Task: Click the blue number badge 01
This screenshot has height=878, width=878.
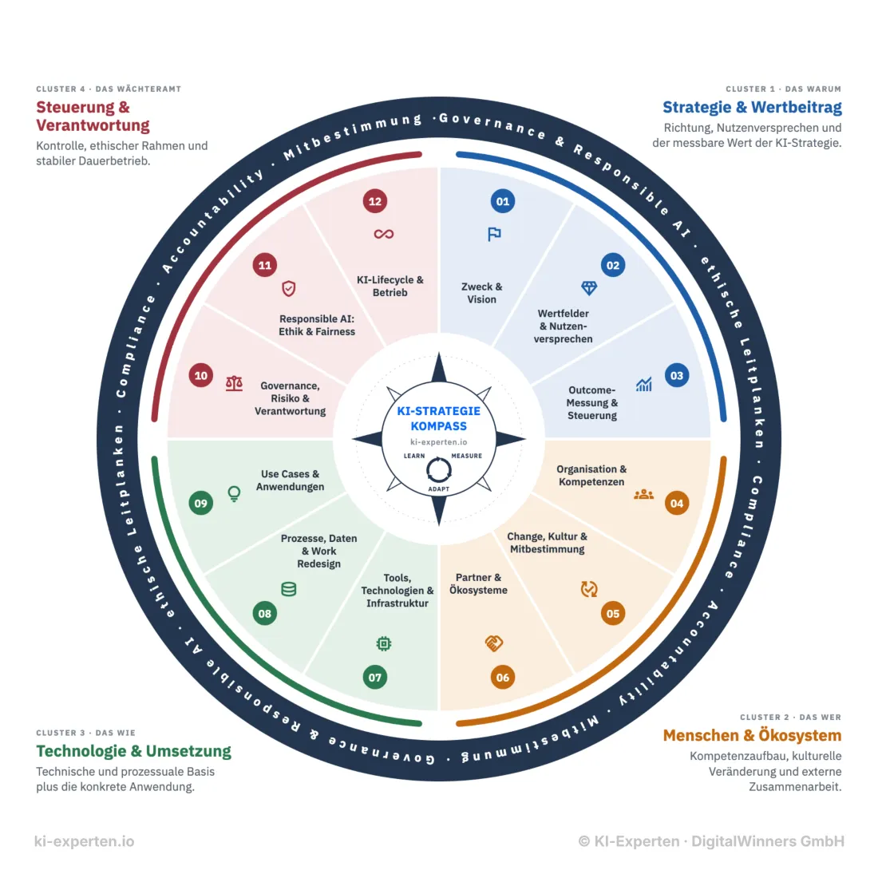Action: tap(502, 201)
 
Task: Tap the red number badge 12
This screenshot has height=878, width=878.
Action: tap(374, 201)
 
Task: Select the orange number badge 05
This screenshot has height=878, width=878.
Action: tap(612, 613)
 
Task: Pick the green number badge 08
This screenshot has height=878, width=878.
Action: tap(265, 613)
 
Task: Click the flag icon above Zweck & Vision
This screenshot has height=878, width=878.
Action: tap(494, 234)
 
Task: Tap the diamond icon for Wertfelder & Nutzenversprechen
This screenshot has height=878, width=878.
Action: tap(589, 288)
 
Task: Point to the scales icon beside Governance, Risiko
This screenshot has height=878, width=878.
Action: tap(234, 383)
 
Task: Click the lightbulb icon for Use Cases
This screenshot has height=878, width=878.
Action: tap(234, 493)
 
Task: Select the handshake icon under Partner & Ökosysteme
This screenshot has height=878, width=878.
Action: tap(494, 643)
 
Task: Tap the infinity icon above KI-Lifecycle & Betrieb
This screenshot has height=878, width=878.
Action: tap(384, 234)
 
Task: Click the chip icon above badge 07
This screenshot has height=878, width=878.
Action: tap(384, 643)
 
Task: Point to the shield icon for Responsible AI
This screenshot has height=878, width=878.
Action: tap(288, 288)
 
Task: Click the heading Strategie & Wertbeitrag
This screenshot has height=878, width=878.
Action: tap(752, 107)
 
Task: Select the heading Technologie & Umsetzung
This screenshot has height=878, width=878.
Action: tap(134, 751)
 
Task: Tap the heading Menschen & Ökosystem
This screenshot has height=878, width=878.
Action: tap(752, 735)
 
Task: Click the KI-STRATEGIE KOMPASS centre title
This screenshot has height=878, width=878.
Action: tap(438, 418)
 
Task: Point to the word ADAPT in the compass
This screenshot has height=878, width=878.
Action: tap(438, 488)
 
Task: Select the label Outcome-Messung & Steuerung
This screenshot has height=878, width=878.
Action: tap(592, 402)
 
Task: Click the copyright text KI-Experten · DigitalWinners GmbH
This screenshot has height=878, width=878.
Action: tap(712, 841)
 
